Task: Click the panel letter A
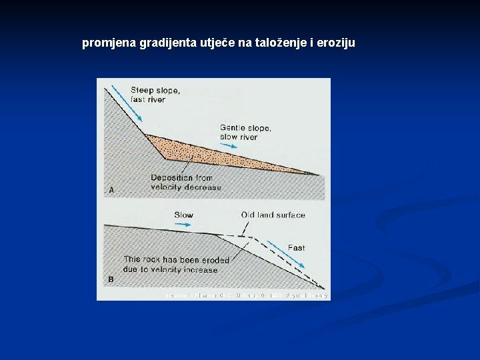[x=111, y=190]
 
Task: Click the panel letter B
[x=111, y=280]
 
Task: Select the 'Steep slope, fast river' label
[x=155, y=95]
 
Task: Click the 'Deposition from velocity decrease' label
[x=185, y=182]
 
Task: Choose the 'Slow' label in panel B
[x=183, y=215]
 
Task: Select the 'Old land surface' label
[x=273, y=215]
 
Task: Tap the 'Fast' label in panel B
[x=296, y=248]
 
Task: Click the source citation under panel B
[x=247, y=295]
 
